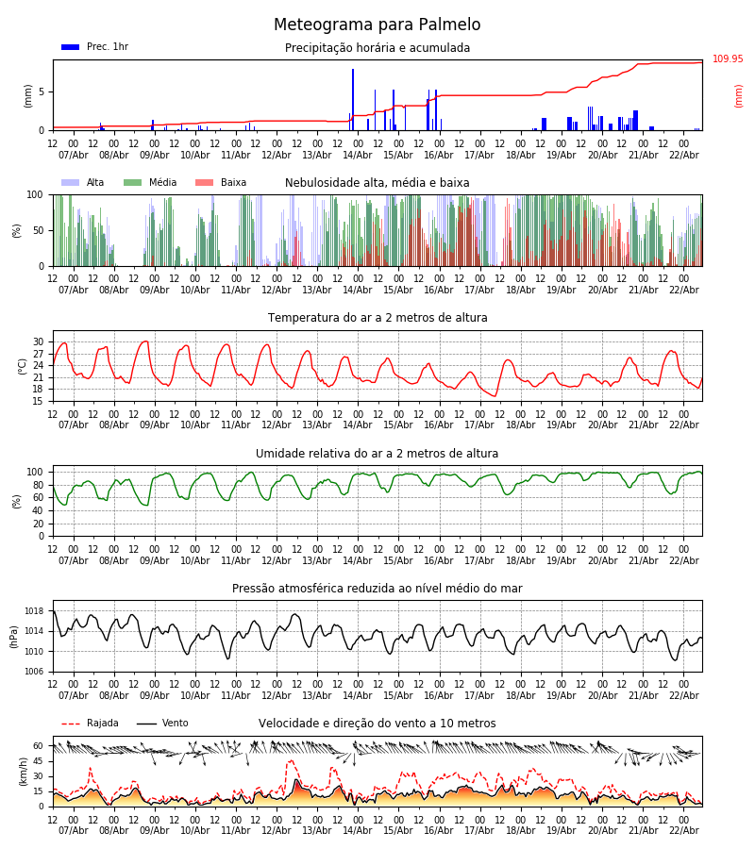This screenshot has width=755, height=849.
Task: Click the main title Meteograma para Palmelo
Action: [x=377, y=25]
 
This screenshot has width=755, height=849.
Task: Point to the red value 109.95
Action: [x=728, y=59]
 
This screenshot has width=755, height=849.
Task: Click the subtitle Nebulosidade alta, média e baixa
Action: [x=377, y=183]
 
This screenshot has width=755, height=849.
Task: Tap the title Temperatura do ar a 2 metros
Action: [x=377, y=318]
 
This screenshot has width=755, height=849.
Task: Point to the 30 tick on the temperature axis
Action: [x=39, y=342]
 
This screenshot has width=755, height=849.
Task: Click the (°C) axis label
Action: [x=23, y=366]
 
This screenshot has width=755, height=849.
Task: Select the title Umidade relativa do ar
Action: [x=377, y=454]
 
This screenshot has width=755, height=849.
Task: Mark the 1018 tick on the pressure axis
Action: [x=32, y=611]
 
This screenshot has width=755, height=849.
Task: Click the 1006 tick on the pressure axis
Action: [x=32, y=672]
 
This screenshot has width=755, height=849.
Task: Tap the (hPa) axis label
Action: [x=15, y=636]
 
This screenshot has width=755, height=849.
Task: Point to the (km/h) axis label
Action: [x=23, y=772]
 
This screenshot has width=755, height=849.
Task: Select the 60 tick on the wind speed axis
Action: [x=39, y=745]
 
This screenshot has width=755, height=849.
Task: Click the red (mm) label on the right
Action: [x=739, y=95]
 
